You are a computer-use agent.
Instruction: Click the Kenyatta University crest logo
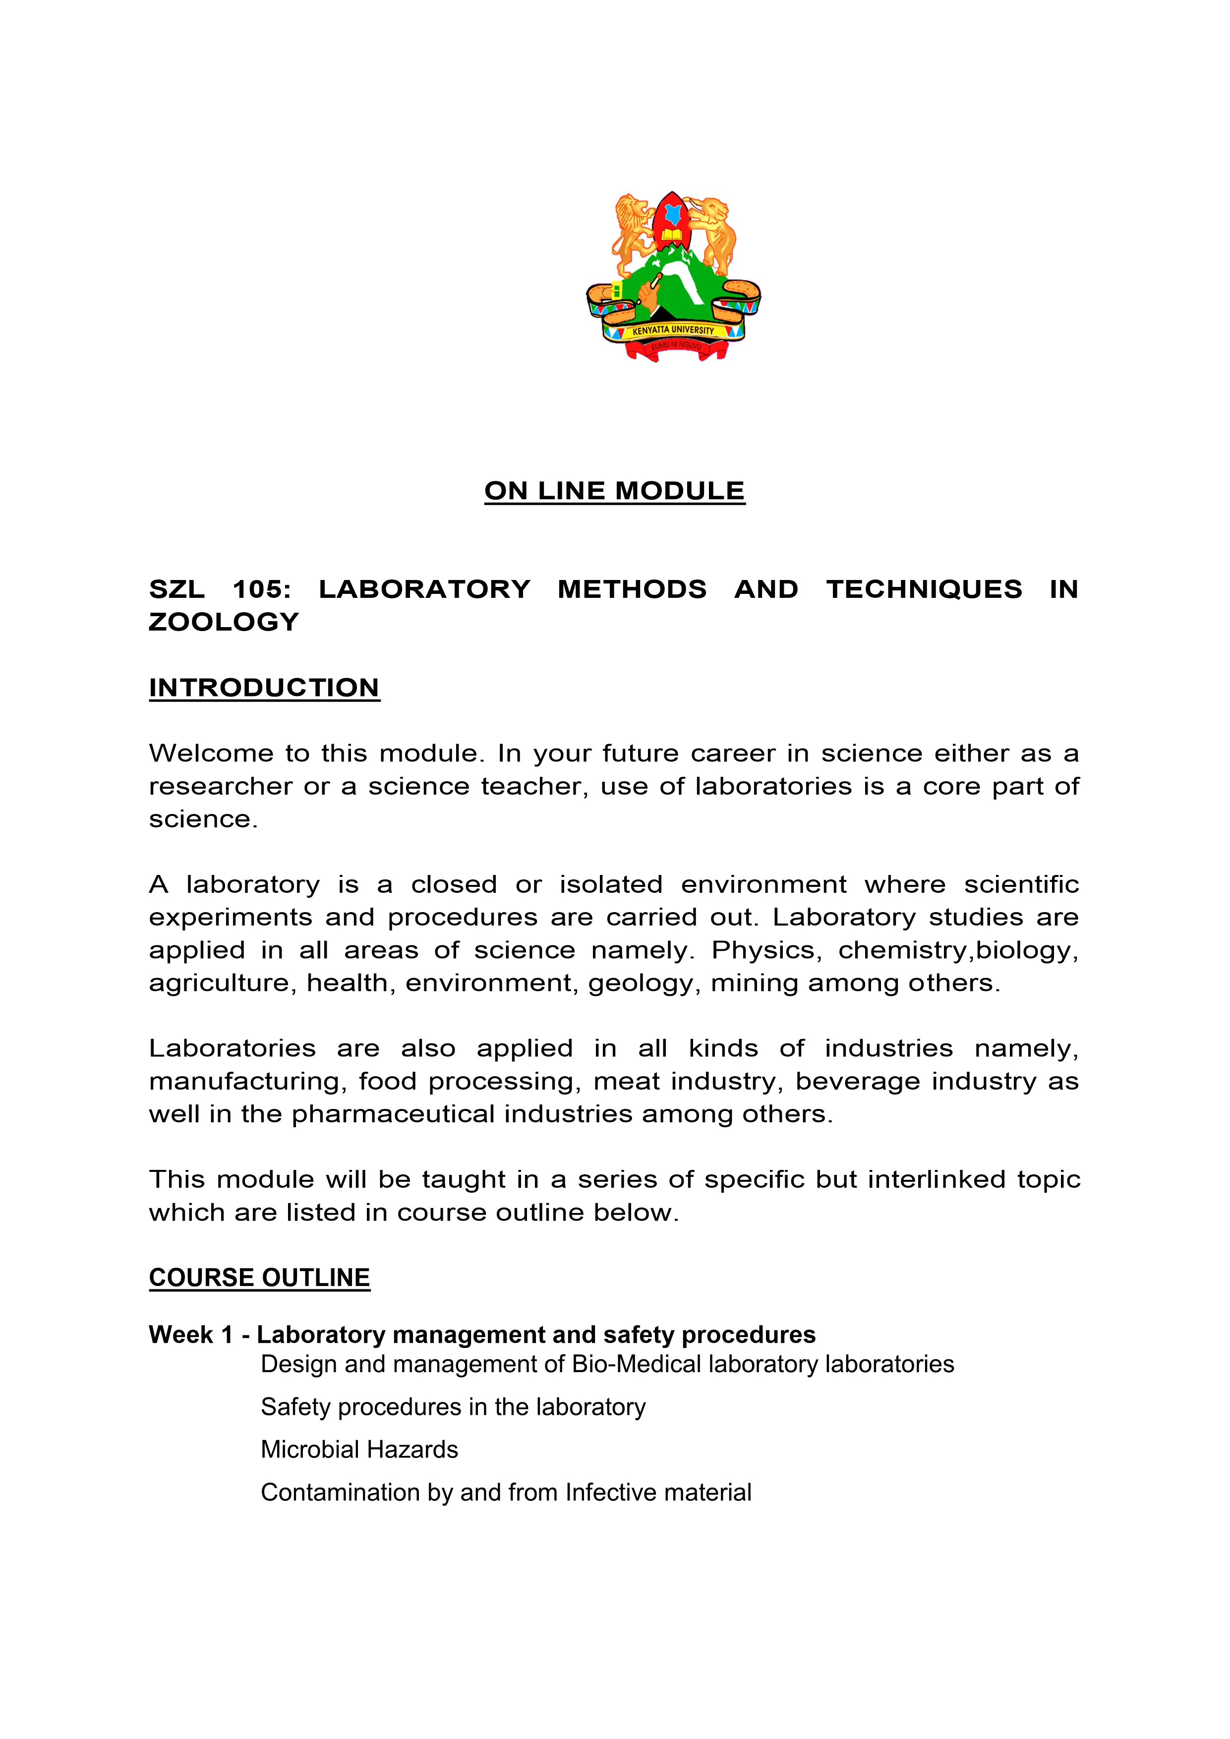(673, 277)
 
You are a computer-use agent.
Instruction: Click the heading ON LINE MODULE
(614, 491)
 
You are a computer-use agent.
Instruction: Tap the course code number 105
(261, 589)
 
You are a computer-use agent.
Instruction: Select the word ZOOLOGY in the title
(224, 622)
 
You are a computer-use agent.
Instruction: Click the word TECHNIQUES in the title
(924, 589)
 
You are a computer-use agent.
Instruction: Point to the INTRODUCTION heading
(264, 688)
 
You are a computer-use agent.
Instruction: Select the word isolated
(611, 885)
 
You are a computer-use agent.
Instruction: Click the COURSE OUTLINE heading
(259, 1278)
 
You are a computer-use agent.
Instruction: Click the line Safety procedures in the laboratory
(453, 1407)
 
